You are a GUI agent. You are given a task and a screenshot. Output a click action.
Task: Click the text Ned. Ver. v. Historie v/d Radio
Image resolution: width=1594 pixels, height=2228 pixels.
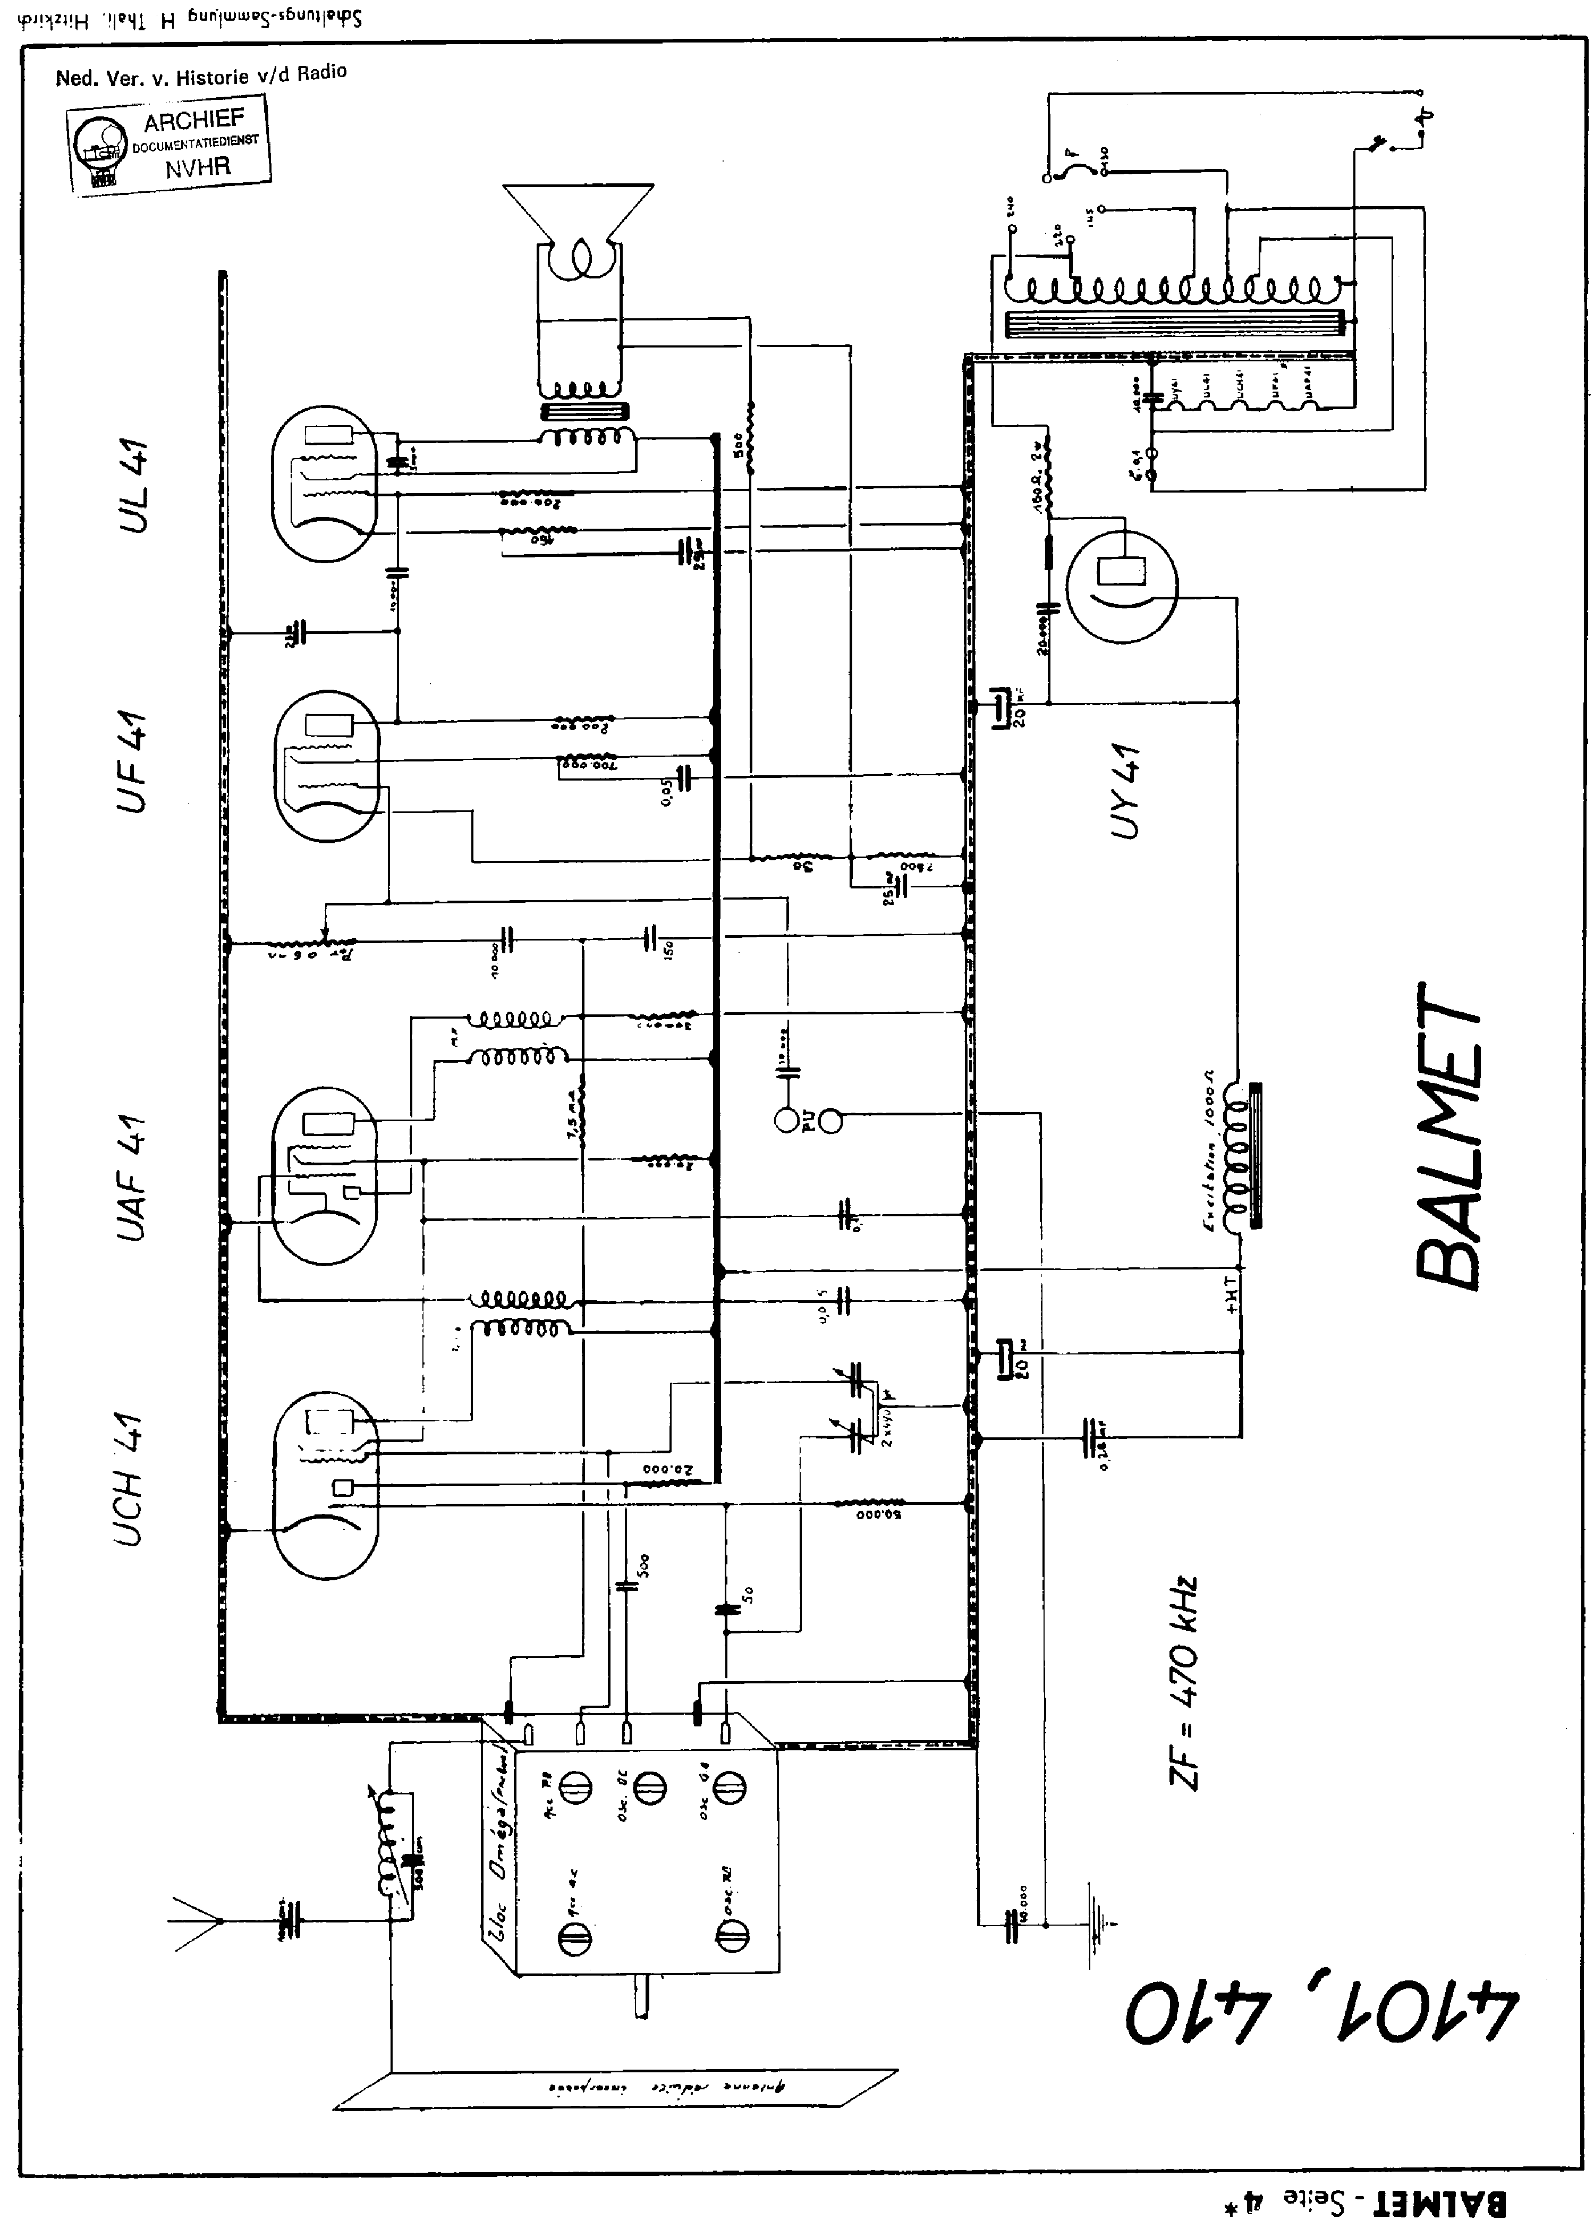click(201, 74)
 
